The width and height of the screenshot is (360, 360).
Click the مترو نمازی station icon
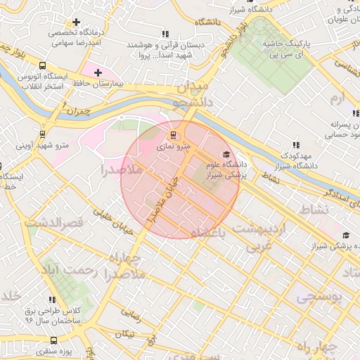coord(172,135)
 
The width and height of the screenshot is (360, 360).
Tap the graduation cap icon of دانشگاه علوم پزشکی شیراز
coord(226,155)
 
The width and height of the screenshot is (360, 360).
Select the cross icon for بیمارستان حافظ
coord(98,72)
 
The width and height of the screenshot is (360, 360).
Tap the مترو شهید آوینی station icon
coord(43,134)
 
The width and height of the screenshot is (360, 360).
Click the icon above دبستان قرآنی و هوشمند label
coord(165,34)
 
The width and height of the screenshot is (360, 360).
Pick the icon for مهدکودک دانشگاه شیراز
coord(295,144)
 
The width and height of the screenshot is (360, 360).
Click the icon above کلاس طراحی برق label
coord(51,300)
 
